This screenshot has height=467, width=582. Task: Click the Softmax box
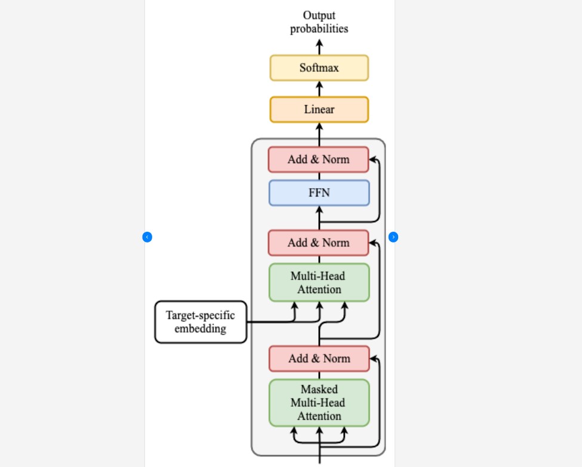click(319, 68)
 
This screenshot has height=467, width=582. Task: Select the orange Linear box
click(319, 110)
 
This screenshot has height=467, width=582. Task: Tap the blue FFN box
click(319, 193)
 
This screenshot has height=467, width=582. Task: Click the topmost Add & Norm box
click(318, 159)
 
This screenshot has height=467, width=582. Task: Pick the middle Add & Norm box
click(318, 243)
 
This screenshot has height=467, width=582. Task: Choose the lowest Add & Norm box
click(319, 359)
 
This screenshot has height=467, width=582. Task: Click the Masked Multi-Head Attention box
click(319, 403)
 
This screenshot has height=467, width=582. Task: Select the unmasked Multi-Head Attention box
click(319, 282)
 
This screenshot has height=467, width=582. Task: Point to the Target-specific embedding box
click(201, 322)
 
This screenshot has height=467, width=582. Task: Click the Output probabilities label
click(319, 22)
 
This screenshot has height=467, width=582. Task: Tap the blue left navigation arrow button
click(147, 237)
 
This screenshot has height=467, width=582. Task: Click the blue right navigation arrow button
click(393, 237)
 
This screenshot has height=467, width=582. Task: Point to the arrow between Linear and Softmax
click(319, 88)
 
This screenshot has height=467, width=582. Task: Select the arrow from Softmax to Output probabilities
click(319, 47)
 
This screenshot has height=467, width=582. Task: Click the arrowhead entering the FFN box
click(319, 210)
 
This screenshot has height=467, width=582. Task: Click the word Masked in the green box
click(319, 390)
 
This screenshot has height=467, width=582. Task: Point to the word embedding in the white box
click(201, 328)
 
